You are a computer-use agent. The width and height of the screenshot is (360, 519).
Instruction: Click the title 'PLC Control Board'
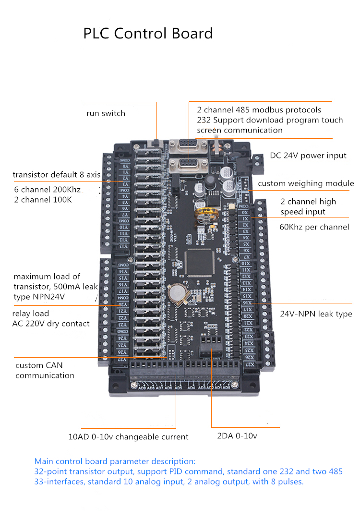click(148, 34)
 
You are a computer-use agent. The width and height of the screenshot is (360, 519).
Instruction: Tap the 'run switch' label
click(106, 113)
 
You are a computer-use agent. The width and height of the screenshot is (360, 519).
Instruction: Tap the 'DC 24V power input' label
click(308, 156)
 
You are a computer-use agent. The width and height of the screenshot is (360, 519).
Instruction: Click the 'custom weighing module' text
click(306, 183)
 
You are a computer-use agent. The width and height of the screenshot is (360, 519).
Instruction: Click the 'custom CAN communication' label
click(45, 370)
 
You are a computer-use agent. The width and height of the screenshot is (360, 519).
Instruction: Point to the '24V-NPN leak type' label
click(316, 314)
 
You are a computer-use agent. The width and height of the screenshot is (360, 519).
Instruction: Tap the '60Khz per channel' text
click(314, 227)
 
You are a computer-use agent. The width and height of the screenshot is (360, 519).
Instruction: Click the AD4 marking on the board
click(191, 387)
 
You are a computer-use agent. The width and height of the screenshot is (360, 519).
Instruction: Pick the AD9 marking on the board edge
click(142, 387)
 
